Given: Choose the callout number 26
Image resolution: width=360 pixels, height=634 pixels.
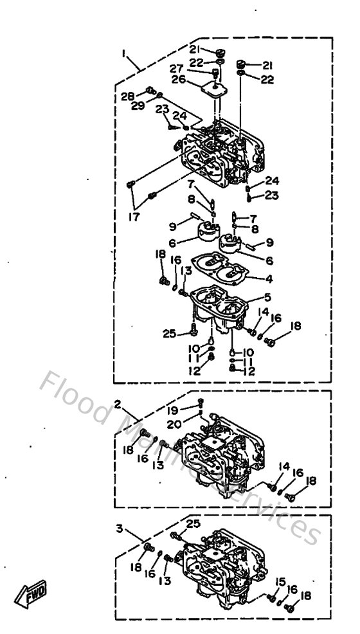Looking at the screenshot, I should coord(179,81).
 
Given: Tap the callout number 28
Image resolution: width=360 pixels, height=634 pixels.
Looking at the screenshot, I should coord(127,96).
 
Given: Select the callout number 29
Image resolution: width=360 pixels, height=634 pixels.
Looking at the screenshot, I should coord(136,105).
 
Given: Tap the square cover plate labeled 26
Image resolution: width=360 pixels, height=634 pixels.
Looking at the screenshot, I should coord(213,81).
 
